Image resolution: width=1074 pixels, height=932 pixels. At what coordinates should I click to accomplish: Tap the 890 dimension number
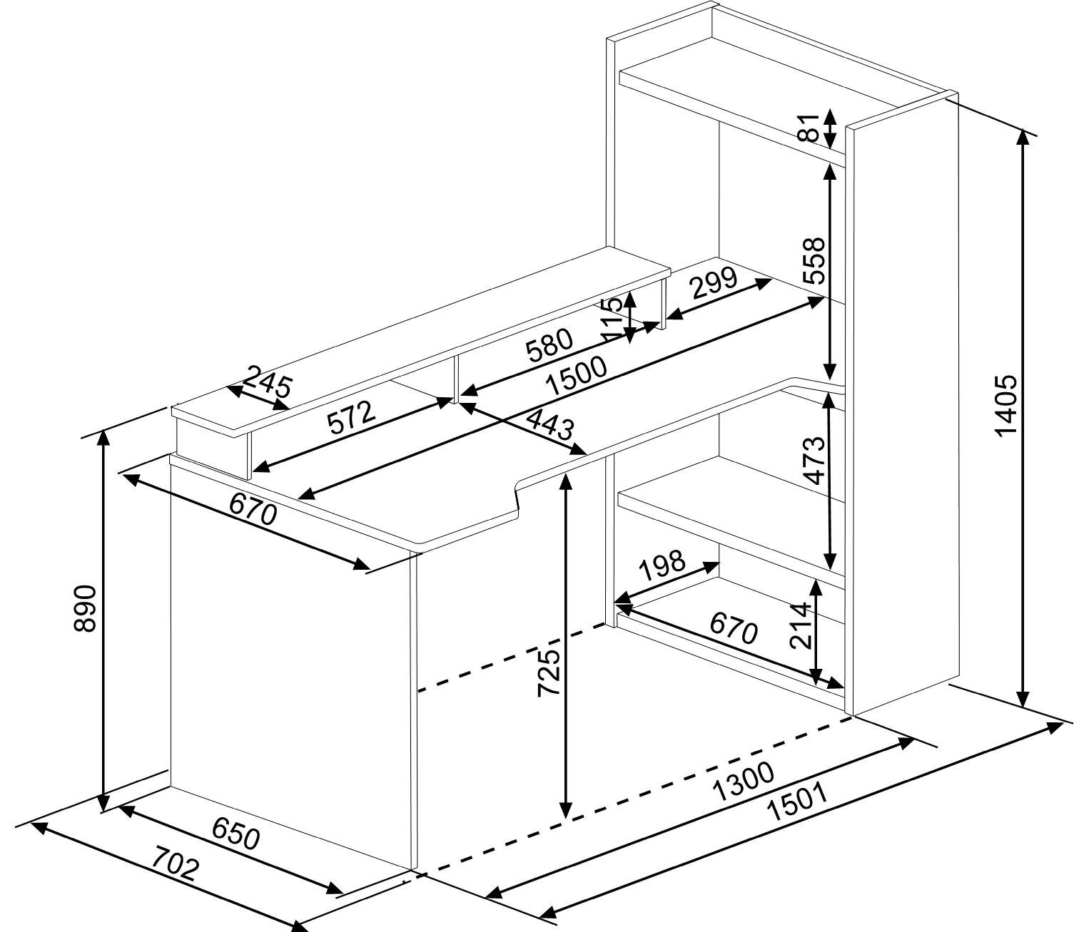pyautogui.click(x=86, y=608)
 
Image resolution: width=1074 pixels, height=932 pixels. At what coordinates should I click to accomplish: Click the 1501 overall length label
pyautogui.click(x=798, y=803)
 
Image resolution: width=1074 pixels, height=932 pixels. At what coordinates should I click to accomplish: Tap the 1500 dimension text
pyautogui.click(x=577, y=376)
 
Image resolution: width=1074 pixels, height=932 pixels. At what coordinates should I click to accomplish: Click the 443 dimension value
pyautogui.click(x=549, y=426)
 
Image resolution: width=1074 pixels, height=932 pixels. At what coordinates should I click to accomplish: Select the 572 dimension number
pyautogui.click(x=351, y=417)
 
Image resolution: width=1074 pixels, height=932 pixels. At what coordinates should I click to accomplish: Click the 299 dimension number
pyautogui.click(x=714, y=282)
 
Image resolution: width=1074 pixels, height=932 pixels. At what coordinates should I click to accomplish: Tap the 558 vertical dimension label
pyautogui.click(x=814, y=260)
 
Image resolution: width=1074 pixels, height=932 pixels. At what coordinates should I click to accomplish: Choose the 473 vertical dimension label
pyautogui.click(x=814, y=461)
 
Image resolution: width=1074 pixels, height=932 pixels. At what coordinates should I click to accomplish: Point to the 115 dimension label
pyautogui.click(x=612, y=319)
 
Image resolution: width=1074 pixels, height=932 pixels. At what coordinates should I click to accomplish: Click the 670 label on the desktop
pyautogui.click(x=253, y=510)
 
